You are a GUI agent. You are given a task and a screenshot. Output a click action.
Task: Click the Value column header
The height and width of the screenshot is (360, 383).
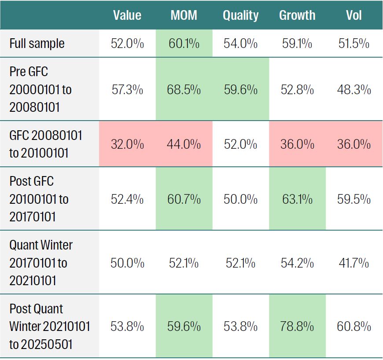click(x=127, y=15)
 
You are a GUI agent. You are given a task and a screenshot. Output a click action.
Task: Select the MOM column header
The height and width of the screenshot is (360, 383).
click(x=184, y=15)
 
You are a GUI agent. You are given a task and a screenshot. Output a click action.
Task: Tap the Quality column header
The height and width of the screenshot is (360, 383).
click(x=240, y=15)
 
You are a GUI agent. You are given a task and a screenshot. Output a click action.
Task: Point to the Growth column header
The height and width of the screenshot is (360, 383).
click(x=297, y=15)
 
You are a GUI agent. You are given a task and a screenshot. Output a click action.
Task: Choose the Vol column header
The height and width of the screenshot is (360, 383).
click(x=354, y=15)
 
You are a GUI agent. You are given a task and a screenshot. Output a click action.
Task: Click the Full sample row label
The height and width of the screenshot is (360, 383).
click(x=37, y=44)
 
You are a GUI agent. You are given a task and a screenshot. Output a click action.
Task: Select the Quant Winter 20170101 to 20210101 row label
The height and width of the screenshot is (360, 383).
click(x=41, y=263)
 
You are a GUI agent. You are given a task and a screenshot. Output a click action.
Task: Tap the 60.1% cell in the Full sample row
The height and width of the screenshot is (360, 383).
click(x=184, y=44)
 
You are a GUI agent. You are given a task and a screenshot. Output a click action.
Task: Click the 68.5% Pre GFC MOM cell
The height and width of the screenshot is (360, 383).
click(x=184, y=90)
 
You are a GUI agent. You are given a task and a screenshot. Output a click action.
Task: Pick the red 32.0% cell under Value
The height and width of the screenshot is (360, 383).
click(x=127, y=144)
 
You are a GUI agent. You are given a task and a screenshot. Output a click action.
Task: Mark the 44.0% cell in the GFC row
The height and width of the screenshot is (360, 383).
click(x=184, y=144)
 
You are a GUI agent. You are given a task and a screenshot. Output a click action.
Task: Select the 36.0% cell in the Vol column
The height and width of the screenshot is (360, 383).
click(x=354, y=144)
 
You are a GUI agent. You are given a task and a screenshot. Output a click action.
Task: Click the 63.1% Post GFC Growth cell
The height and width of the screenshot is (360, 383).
click(x=297, y=199)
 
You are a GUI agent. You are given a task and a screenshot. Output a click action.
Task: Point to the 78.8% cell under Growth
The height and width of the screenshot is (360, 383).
click(x=297, y=327)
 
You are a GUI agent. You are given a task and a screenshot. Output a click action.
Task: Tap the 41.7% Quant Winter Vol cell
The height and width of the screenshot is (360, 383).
click(x=354, y=263)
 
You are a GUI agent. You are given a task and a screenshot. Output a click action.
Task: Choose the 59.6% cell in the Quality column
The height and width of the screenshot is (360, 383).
click(x=240, y=90)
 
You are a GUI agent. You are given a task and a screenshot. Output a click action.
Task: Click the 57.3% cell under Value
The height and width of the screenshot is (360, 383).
click(x=127, y=90)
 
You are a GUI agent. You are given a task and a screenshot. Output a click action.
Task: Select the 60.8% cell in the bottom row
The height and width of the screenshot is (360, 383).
click(x=354, y=327)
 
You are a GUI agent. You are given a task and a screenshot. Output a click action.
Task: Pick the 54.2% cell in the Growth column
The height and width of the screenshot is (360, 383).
click(x=297, y=263)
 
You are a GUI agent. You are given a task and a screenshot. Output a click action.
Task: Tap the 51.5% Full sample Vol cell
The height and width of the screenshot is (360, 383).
click(x=354, y=44)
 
